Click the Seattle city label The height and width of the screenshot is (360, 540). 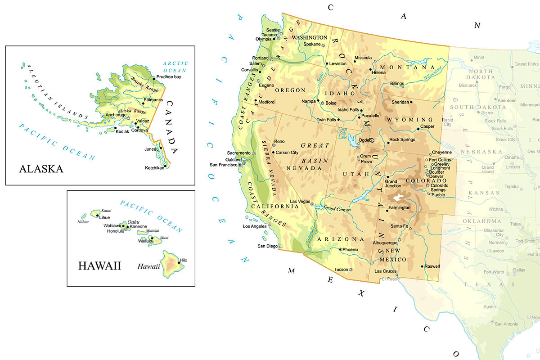pos(273,30)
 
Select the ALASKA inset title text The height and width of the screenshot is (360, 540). pos(41,169)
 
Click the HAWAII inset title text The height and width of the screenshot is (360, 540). pos(99,266)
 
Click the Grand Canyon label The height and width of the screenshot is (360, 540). pos(337,209)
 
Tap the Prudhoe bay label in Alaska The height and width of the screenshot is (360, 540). pos(169,77)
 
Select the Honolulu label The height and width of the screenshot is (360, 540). pos(115,231)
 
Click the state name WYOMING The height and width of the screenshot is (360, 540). pos(410,120)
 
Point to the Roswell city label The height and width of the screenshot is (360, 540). pos(432,266)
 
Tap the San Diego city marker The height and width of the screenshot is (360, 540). pos(281,246)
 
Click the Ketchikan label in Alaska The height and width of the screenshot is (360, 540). pos(154,167)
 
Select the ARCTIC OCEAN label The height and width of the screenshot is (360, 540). pos(176,67)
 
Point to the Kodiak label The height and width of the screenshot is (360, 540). pos(122,131)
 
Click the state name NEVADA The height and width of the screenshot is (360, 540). pos(304,168)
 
